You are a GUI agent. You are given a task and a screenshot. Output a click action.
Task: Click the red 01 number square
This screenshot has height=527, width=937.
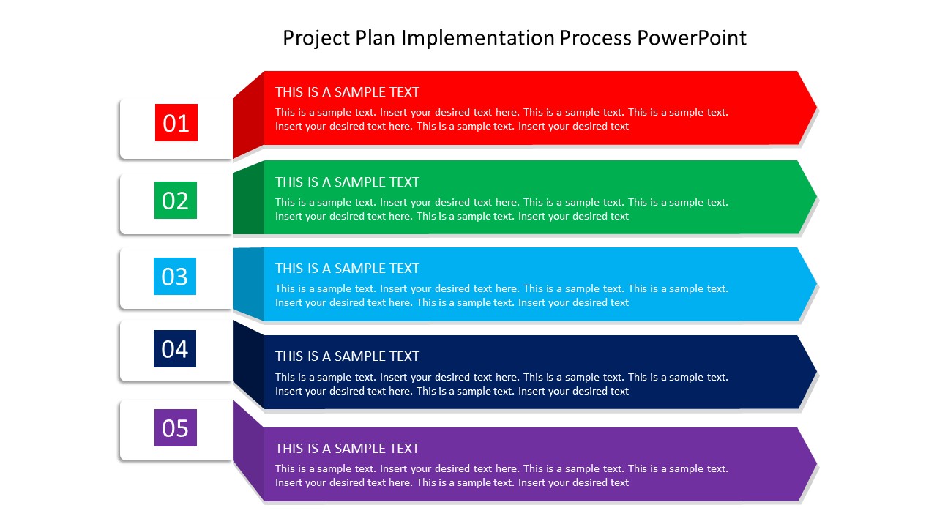coord(176,122)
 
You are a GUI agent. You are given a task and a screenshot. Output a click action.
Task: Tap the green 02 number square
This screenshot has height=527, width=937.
coord(175,200)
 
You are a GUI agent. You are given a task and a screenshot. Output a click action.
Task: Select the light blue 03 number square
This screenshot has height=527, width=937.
coord(175,277)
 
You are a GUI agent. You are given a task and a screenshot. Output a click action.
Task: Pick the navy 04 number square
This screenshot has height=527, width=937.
coord(175,348)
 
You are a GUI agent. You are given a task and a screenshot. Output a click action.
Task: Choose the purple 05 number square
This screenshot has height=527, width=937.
coord(175,427)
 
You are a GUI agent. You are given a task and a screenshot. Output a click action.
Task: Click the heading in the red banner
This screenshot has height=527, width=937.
coord(347,92)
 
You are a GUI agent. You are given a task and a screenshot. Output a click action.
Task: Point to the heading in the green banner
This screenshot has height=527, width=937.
coord(347,182)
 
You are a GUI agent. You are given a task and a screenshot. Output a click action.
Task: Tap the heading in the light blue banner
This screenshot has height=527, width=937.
coord(347,269)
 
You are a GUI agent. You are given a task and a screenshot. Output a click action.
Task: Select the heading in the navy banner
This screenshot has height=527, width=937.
coord(347,356)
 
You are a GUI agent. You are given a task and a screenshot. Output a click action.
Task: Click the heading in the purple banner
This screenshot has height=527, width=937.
coord(347,449)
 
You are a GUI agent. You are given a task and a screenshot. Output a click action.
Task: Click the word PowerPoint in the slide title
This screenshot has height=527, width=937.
coord(692,38)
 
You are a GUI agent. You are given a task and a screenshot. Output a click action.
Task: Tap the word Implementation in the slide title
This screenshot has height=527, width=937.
coord(478,38)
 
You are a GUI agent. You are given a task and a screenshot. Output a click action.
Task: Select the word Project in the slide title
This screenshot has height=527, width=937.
coord(316,38)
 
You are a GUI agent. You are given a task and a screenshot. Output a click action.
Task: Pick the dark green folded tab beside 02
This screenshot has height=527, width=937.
coord(248,198)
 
